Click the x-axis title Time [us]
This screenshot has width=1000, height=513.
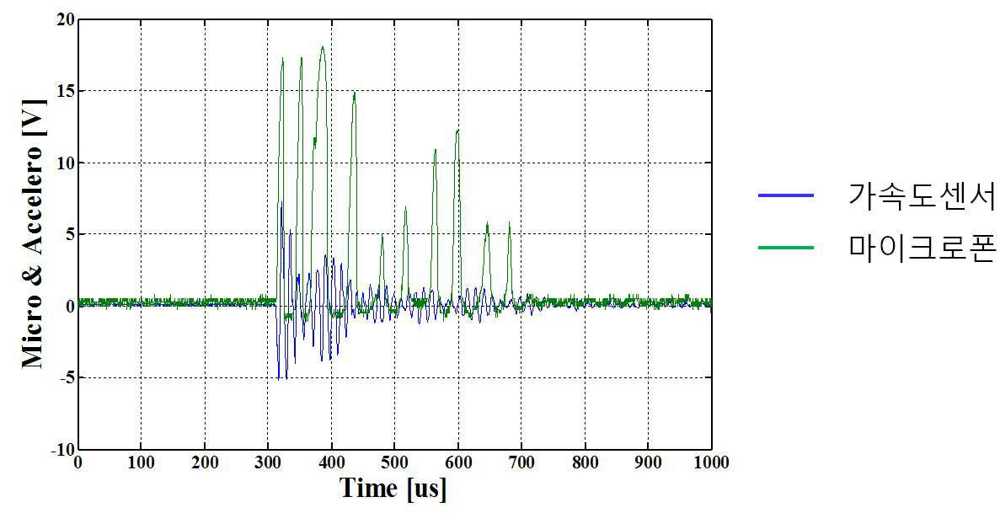(x=393, y=489)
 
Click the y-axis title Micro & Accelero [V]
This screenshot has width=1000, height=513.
(x=33, y=232)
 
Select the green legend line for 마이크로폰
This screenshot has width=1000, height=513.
(x=786, y=247)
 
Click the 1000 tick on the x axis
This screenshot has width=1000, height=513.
(x=711, y=462)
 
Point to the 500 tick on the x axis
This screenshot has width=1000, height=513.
(x=395, y=462)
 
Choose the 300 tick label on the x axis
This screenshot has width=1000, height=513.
(x=268, y=462)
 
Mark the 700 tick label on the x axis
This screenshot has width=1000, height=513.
(x=521, y=462)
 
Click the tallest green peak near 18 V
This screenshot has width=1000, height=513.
(x=323, y=46)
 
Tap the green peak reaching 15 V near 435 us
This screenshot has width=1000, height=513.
(x=354, y=93)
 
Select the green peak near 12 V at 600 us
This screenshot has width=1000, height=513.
(x=457, y=131)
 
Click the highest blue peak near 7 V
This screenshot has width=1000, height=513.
(x=281, y=203)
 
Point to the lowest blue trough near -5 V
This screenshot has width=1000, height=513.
(x=279, y=379)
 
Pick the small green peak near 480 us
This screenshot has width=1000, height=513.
(x=382, y=235)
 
